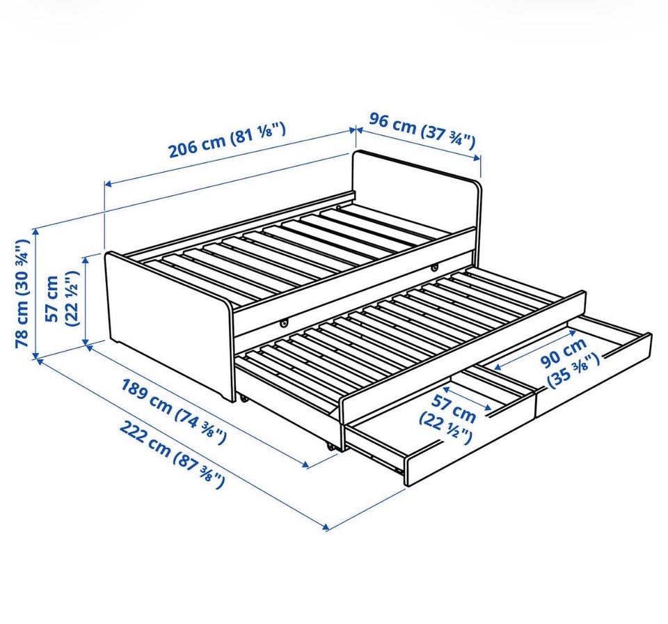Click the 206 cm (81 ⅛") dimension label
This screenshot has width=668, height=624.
pyautogui.click(x=227, y=139)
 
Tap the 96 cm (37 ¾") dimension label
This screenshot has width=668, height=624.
pyautogui.click(x=422, y=130)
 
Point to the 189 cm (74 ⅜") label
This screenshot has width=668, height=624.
pyautogui.click(x=174, y=410)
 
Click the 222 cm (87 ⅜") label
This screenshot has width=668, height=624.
pyautogui.click(x=171, y=453)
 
